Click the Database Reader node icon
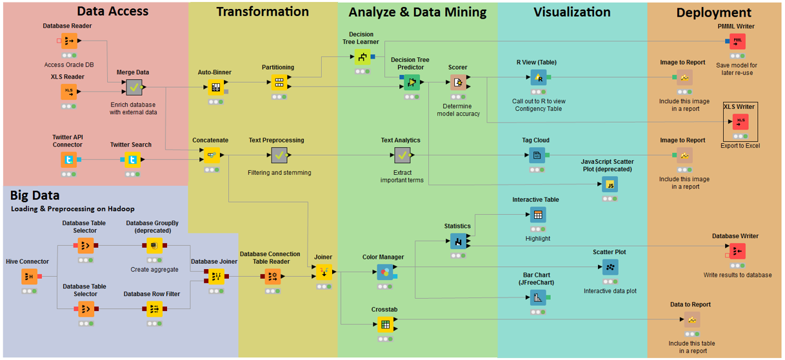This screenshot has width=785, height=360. pyautogui.click(x=68, y=41)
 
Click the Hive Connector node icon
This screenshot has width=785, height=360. pyautogui.click(x=29, y=277)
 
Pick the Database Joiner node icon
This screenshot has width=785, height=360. pyautogui.click(x=214, y=276)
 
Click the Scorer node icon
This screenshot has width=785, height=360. pyautogui.click(x=457, y=82)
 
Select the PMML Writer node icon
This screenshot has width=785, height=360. pyautogui.click(x=737, y=41)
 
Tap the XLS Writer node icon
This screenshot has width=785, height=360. pyautogui.click(x=740, y=121)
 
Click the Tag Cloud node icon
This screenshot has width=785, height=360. pyautogui.click(x=537, y=155)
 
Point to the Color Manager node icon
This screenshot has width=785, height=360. pyautogui.click(x=385, y=272)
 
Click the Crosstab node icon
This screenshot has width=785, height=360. pyautogui.click(x=385, y=325)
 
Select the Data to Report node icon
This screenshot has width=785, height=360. pyautogui.click(x=691, y=319)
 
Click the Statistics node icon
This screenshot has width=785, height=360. pyautogui.click(x=458, y=241)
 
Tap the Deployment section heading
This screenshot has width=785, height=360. pyautogui.click(x=713, y=12)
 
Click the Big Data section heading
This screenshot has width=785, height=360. pyautogui.click(x=35, y=195)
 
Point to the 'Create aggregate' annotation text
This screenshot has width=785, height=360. pyautogui.click(x=154, y=270)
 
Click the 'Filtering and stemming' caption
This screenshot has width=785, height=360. pyautogui.click(x=279, y=172)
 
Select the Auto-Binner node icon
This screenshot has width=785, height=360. pyautogui.click(x=215, y=86)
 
